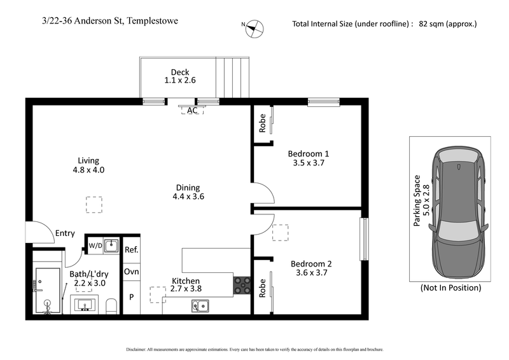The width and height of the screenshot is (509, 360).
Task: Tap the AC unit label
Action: [192, 111]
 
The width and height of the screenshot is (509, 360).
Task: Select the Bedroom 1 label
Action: [308, 158]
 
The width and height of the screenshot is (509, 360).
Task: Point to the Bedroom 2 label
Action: [311, 268]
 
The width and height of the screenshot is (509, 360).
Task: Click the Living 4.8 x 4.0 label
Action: [88, 165]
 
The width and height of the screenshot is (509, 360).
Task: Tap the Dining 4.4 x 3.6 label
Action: [188, 192]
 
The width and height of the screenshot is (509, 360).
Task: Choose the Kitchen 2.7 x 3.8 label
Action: [186, 285]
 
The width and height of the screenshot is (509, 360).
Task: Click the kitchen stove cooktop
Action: [242, 286]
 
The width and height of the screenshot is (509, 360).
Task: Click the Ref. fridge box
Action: [131, 250]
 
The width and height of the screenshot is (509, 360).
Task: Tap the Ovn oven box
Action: [131, 272]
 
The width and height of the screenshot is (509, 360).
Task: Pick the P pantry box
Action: [131, 297]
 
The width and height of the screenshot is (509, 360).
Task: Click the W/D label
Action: [95, 244]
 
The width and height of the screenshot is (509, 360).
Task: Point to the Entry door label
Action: [65, 233]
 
